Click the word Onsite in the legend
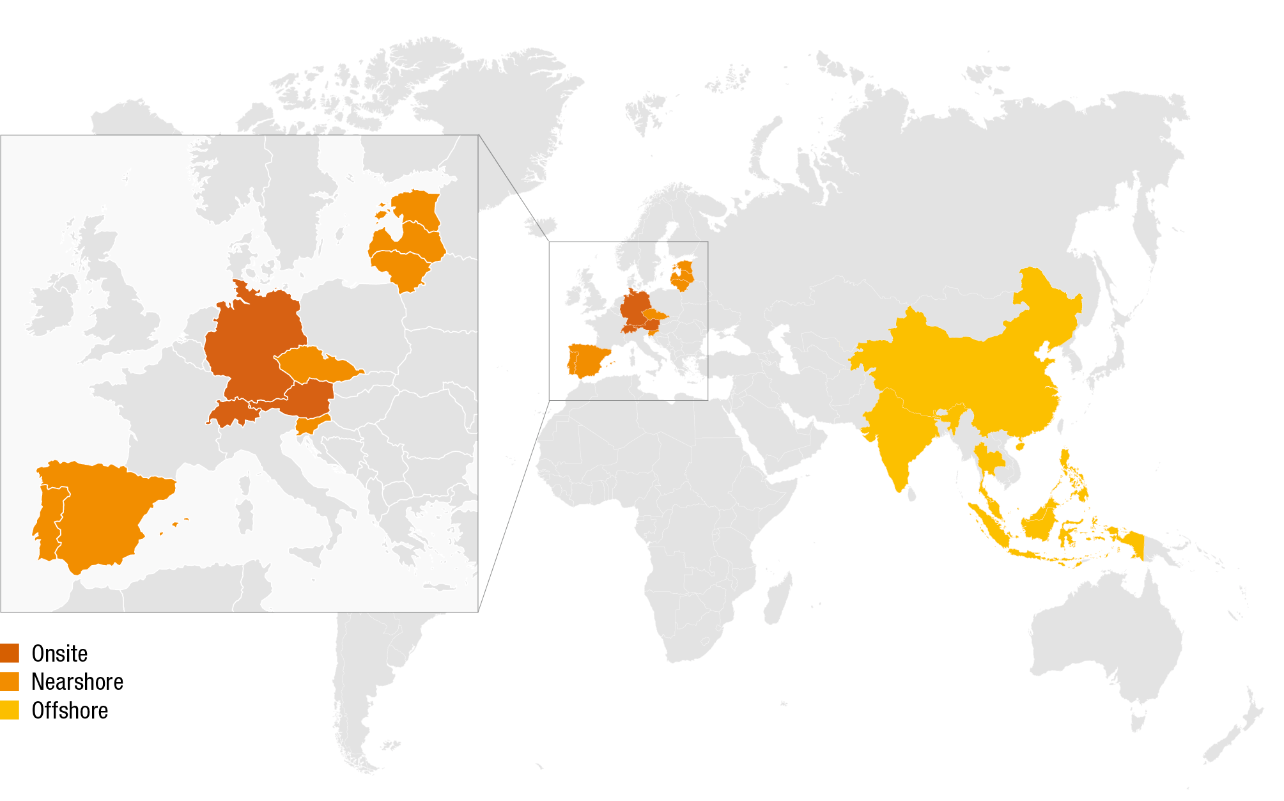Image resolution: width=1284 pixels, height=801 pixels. click(59, 653)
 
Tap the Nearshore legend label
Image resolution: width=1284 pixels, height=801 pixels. click(77, 682)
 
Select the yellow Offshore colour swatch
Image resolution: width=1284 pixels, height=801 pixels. click(10, 710)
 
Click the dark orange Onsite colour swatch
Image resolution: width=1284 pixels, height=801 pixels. click(10, 653)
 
